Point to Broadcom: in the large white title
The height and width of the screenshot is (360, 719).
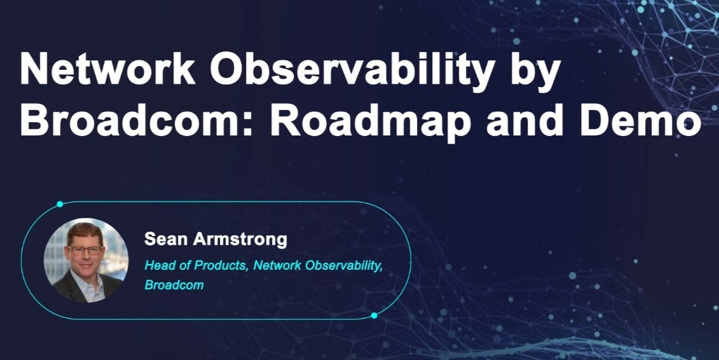137,120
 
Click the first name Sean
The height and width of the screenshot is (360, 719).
164,239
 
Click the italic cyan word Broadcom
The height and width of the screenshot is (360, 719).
174,285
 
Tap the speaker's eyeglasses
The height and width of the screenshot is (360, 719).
86,250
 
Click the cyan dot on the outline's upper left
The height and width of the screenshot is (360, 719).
60,204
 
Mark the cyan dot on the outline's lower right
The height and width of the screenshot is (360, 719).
374,315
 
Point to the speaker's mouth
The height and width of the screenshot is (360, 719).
86,267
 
